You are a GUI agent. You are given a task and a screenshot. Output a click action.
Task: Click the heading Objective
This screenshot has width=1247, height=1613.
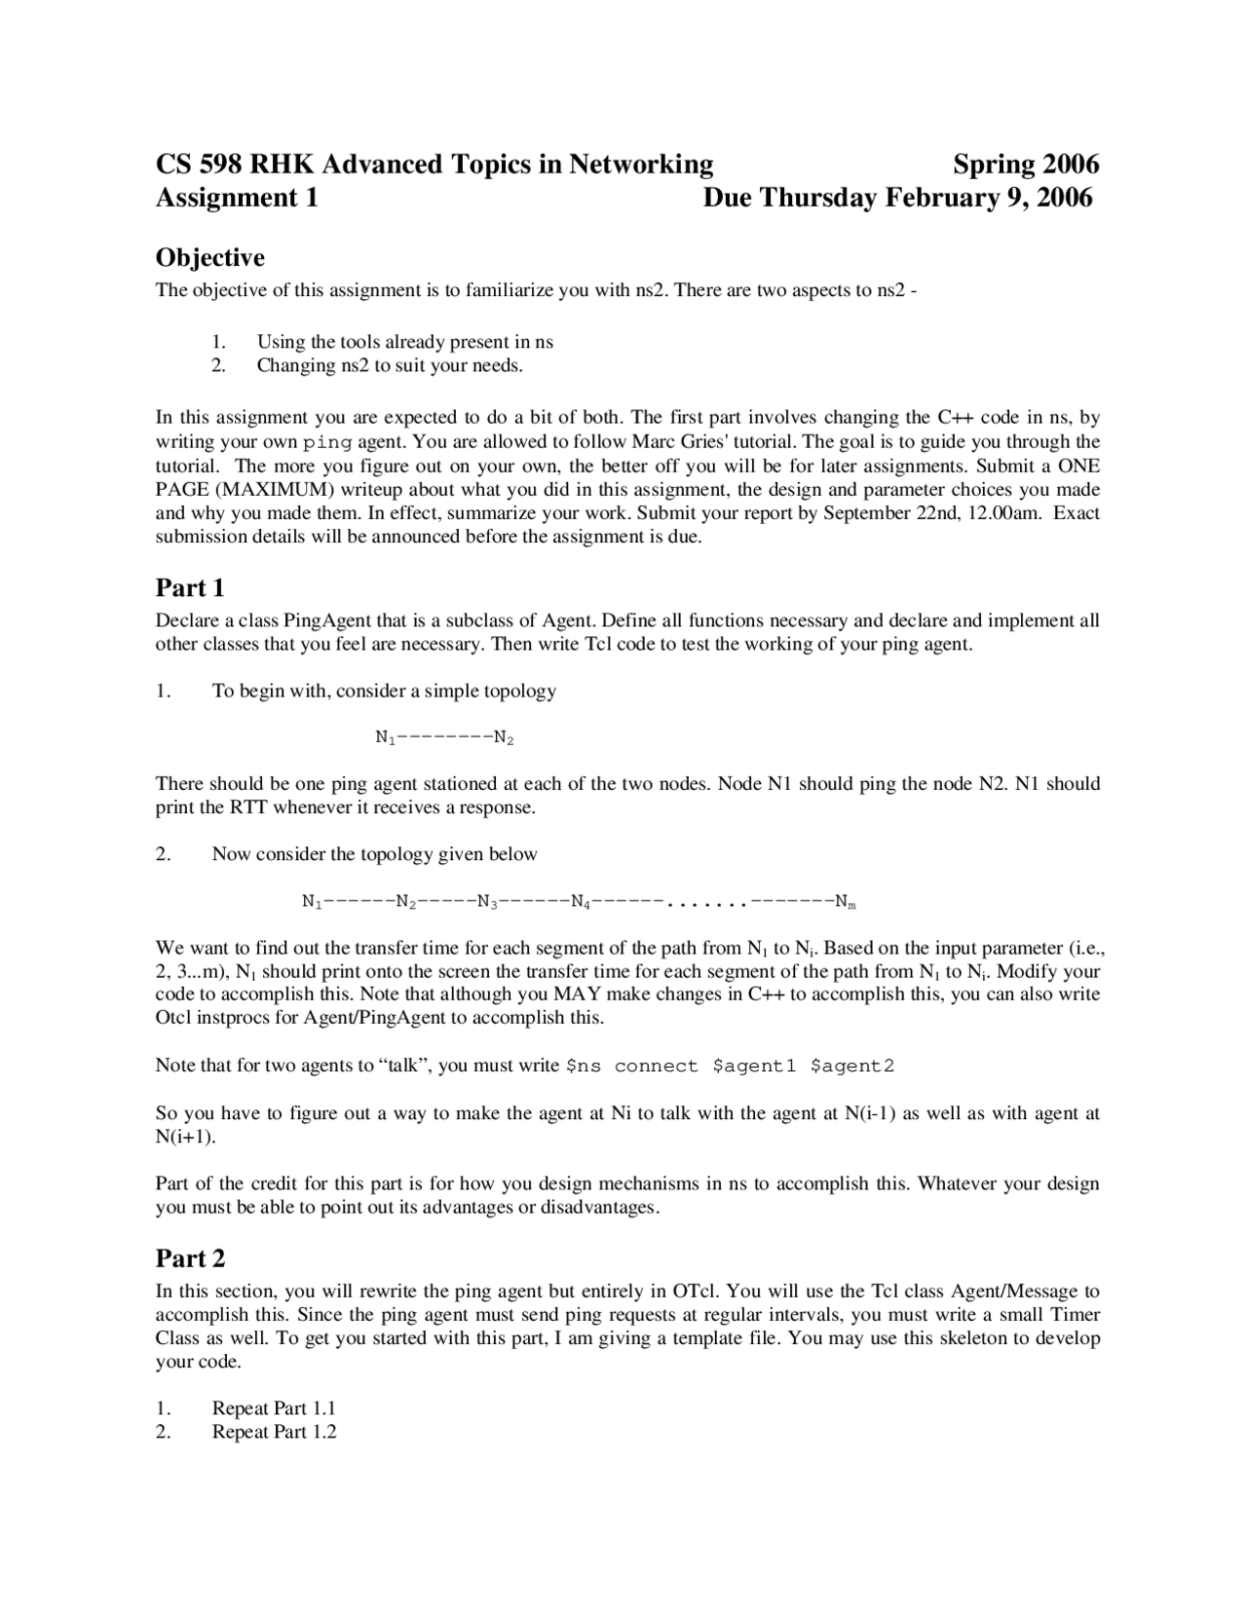(x=209, y=258)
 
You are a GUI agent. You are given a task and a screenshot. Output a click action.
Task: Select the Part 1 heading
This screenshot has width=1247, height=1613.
(x=190, y=588)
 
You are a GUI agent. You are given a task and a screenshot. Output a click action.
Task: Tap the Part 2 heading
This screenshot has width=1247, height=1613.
(x=190, y=1258)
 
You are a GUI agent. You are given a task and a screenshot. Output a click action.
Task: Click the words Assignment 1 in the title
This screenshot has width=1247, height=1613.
(x=237, y=198)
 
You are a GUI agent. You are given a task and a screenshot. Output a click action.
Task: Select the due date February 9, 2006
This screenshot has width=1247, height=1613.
(x=989, y=198)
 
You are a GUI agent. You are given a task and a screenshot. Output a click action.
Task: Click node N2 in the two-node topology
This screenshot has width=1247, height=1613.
(x=504, y=738)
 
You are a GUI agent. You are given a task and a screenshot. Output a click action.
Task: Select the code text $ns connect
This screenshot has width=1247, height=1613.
(x=631, y=1066)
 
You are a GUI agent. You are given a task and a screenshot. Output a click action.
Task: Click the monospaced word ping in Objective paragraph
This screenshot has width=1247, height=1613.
(x=327, y=442)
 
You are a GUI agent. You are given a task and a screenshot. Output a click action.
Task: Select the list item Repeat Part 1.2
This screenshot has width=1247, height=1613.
(x=274, y=1432)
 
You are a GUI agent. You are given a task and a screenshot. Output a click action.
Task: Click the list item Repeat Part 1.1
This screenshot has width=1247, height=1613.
(x=274, y=1408)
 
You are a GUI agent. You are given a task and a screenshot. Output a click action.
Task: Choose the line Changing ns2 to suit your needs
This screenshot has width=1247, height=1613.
(x=390, y=366)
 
